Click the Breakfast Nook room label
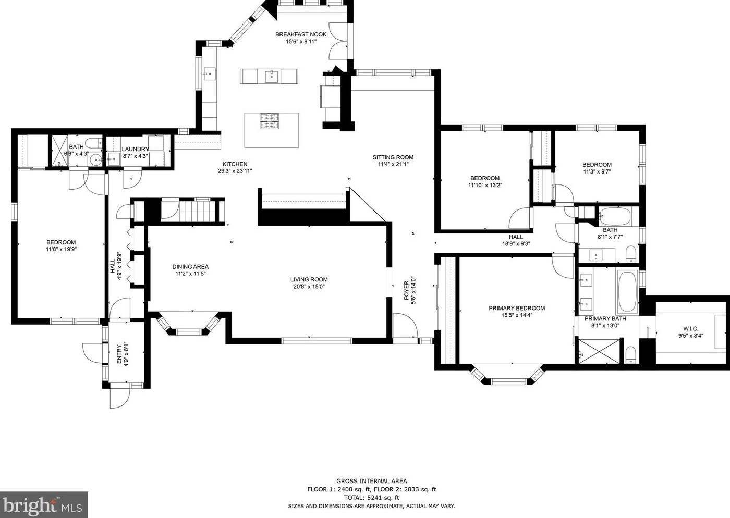click(x=301, y=34)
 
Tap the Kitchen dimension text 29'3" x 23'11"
click(x=235, y=171)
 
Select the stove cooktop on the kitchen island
click(x=269, y=121)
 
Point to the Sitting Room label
click(x=393, y=158)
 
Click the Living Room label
click(x=309, y=279)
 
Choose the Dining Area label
click(x=190, y=267)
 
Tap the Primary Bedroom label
click(x=517, y=308)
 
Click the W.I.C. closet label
click(x=691, y=329)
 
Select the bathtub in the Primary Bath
click(x=627, y=291)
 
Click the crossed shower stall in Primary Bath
click(x=599, y=351)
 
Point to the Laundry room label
click(x=135, y=149)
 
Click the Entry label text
click(x=119, y=354)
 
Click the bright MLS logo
click(x=44, y=504)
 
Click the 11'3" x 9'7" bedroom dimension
click(x=597, y=171)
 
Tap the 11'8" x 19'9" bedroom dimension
click(x=61, y=249)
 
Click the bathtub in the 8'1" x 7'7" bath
click(x=614, y=216)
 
